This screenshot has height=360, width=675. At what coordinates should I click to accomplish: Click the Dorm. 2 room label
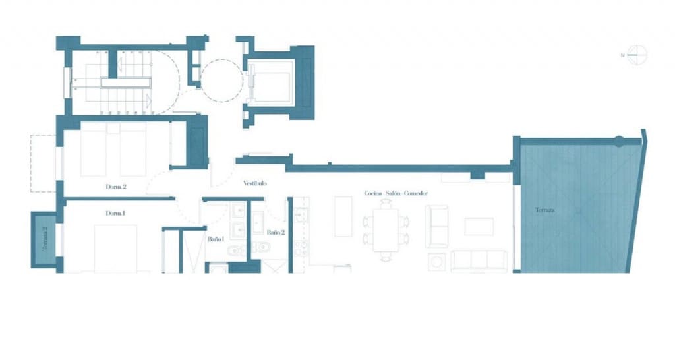point(115,187)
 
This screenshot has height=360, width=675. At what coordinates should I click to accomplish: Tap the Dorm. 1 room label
point(115,214)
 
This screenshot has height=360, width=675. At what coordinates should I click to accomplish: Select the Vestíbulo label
point(254,183)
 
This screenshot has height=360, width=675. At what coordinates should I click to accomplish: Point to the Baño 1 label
point(216,239)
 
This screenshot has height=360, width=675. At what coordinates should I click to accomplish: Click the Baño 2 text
point(276,233)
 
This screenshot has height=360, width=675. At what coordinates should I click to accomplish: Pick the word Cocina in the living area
point(374,193)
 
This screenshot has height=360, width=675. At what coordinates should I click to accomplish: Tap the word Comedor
point(416,193)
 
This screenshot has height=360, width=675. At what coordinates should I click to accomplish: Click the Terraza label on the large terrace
point(545,210)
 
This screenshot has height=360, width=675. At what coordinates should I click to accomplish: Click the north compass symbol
point(637,55)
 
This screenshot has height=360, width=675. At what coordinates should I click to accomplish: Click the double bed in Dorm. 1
point(115,249)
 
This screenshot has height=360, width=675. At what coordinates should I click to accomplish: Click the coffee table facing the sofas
point(479,226)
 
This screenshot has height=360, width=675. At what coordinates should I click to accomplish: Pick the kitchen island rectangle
point(343,216)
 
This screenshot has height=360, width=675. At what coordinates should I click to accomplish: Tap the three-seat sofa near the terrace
point(479,260)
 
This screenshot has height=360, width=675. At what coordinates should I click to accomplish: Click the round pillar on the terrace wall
point(618,140)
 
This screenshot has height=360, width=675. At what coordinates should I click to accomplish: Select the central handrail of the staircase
point(126,83)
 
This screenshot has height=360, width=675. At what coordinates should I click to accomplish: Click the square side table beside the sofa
point(436,262)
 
